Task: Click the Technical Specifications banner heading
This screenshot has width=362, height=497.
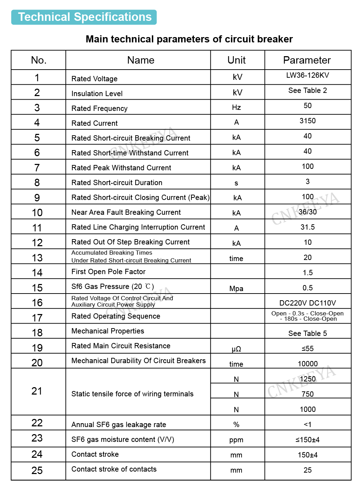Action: click(x=84, y=17)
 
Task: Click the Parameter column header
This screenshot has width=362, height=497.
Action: click(x=307, y=60)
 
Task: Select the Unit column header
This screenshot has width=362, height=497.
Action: click(x=237, y=60)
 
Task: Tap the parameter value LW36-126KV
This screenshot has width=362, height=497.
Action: click(x=308, y=75)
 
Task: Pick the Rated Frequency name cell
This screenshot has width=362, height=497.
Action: click(x=99, y=108)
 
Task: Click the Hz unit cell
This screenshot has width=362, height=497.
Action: click(x=237, y=107)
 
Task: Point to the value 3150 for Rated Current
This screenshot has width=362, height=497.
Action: click(x=308, y=121)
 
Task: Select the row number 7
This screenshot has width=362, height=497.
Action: click(x=37, y=168)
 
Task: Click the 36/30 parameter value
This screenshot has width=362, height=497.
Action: click(x=308, y=212)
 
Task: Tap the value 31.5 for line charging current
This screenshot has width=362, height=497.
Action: click(x=308, y=227)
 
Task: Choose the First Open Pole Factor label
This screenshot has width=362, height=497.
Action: click(x=108, y=272)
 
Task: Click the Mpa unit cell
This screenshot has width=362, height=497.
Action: click(x=236, y=289)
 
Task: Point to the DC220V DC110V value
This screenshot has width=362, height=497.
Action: click(x=308, y=303)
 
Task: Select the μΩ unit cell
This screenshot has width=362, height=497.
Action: click(x=236, y=349)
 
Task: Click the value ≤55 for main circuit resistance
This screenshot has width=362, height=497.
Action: click(x=308, y=349)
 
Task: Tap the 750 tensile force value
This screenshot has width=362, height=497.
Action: click(x=308, y=394)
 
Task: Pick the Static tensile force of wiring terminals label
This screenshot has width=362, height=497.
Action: click(x=132, y=394)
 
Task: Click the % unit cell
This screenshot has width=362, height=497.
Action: click(x=236, y=425)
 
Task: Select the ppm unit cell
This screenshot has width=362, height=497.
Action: click(x=236, y=440)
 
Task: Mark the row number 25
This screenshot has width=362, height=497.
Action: click(x=37, y=471)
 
